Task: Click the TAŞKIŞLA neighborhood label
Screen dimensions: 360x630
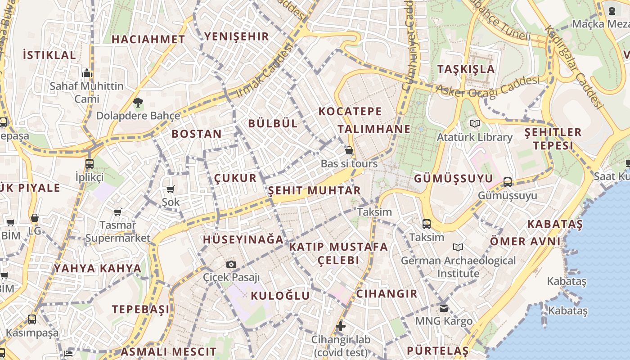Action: (466, 69)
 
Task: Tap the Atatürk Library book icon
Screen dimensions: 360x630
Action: (475, 123)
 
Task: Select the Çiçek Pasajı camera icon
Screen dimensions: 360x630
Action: (231, 264)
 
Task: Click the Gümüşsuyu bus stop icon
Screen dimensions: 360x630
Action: (508, 182)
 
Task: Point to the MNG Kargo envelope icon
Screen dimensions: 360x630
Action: (444, 308)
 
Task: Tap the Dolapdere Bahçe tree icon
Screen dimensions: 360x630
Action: (138, 103)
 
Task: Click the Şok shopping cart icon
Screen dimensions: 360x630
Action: (170, 189)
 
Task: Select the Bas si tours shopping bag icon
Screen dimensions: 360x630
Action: (349, 150)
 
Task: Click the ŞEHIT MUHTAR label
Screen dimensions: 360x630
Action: (315, 190)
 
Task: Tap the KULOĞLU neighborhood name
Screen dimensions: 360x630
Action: (280, 296)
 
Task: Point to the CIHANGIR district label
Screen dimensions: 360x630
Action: (387, 294)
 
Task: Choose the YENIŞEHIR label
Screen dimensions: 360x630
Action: (236, 36)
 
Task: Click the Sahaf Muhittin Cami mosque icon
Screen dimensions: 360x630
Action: (87, 73)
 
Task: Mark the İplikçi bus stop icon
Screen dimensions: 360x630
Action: (89, 163)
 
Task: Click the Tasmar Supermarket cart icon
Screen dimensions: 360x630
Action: (117, 212)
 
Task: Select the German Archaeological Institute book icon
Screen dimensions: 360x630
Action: (458, 247)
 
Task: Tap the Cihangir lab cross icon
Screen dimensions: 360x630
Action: (341, 326)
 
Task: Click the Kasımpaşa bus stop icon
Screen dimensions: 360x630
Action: (31, 319)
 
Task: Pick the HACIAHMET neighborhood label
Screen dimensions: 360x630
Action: (148, 40)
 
